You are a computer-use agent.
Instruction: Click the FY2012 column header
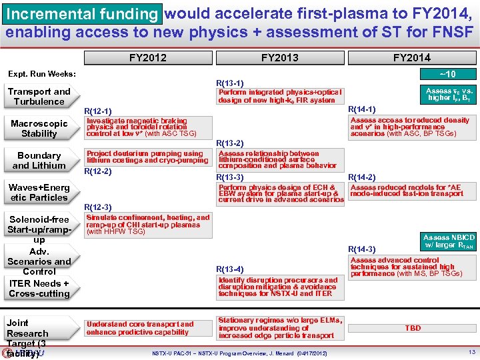click(x=148, y=58)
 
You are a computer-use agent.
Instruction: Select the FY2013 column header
click(x=279, y=58)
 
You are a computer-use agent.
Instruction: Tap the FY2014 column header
click(x=411, y=58)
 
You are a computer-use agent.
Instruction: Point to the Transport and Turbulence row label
click(x=39, y=97)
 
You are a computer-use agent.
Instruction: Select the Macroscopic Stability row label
click(x=39, y=129)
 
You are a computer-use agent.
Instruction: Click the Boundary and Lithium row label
click(x=39, y=161)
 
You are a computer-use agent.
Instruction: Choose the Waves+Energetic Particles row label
click(x=39, y=193)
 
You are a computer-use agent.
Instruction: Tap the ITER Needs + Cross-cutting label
click(x=39, y=289)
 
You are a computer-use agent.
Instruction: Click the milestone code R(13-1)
click(x=230, y=83)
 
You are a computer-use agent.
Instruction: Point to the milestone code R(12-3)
click(x=98, y=208)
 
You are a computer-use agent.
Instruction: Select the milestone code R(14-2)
click(x=363, y=177)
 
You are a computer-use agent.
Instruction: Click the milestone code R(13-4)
click(x=230, y=269)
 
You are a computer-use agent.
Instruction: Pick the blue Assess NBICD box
click(x=449, y=241)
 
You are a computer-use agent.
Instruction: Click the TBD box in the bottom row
click(x=413, y=329)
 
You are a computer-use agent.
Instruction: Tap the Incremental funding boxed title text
click(x=82, y=14)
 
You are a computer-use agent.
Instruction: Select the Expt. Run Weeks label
click(x=41, y=74)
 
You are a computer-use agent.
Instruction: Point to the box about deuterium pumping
click(x=147, y=157)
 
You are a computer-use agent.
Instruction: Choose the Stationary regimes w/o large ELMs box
click(x=279, y=328)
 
